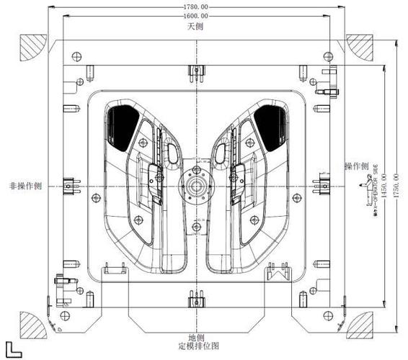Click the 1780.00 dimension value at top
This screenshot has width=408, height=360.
(x=195, y=7)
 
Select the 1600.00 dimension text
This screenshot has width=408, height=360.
(x=195, y=15)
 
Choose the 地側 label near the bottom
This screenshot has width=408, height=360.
(x=196, y=337)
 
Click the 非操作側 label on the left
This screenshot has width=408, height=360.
(x=24, y=185)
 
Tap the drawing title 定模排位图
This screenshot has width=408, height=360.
(x=195, y=347)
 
